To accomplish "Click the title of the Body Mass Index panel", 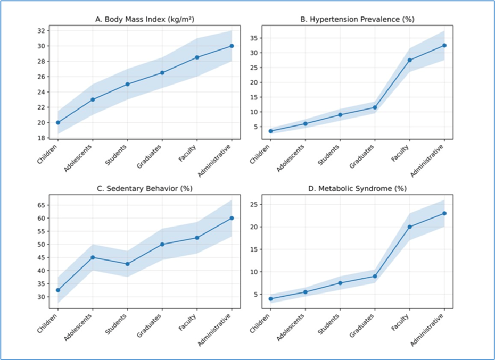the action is pos(145,20).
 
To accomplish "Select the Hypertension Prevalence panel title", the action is pos(357,20).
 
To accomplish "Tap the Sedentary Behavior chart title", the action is pos(145,189).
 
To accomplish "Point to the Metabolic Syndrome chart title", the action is pos(357,189).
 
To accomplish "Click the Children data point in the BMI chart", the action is pos(58,122).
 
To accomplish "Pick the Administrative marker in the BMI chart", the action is pos(232,46).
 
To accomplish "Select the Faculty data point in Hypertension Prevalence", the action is pos(410,60).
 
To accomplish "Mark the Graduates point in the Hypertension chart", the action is pos(375,107).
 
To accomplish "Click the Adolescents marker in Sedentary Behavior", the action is pos(93,257).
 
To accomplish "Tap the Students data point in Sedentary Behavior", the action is pos(128,264).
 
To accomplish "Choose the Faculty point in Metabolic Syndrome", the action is pos(410,227).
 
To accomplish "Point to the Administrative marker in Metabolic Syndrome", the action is pos(444,213).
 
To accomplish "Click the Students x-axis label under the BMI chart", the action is pos(117,155).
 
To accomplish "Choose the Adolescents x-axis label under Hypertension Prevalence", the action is pos(291,158).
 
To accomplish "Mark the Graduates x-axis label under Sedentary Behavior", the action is pos(150,325).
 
